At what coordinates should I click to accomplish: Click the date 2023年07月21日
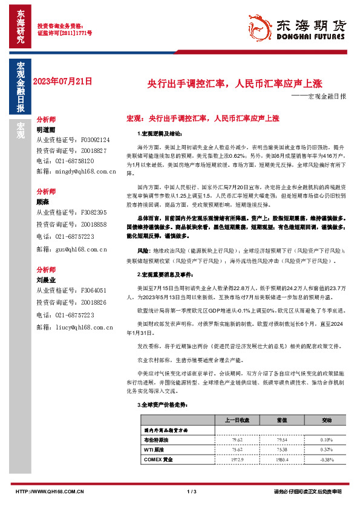[62, 81]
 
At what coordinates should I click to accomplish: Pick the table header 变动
[327, 420]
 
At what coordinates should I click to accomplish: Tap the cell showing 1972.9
[237, 459]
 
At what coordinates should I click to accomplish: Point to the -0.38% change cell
[327, 459]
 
